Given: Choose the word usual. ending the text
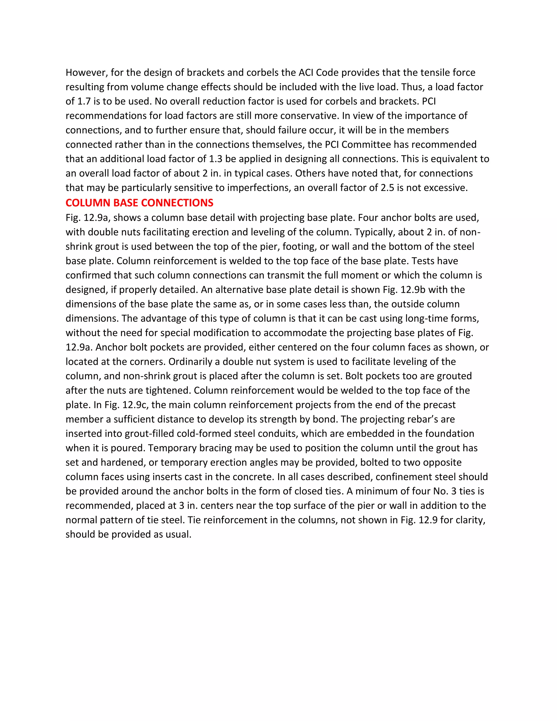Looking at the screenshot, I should point(178,534).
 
